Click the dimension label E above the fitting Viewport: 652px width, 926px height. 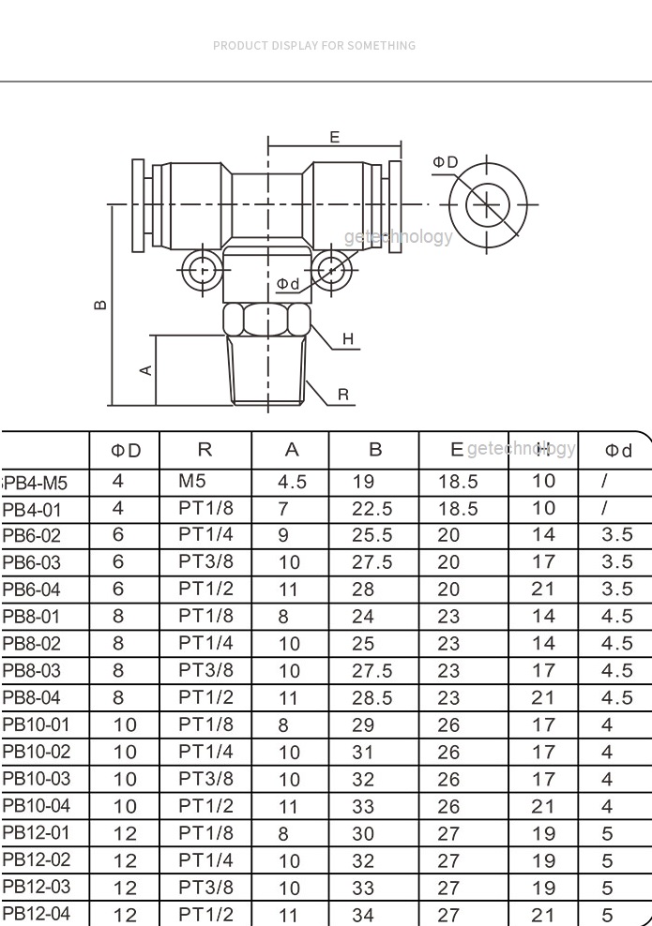335,138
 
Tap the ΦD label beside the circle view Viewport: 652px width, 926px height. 445,163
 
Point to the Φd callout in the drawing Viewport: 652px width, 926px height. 288,284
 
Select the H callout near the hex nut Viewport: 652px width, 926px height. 348,339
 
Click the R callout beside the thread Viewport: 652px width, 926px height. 343,395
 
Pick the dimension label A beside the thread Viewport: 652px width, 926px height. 146,370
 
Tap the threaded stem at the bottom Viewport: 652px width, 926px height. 268,372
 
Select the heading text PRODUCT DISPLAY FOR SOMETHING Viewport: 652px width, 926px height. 314,45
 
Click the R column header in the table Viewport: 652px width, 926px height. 205,450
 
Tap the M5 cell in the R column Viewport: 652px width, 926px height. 191,482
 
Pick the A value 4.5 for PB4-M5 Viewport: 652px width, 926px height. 293,483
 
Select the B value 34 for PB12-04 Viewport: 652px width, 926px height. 362,916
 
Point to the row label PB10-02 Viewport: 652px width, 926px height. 36,753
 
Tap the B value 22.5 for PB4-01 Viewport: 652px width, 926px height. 371,509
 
